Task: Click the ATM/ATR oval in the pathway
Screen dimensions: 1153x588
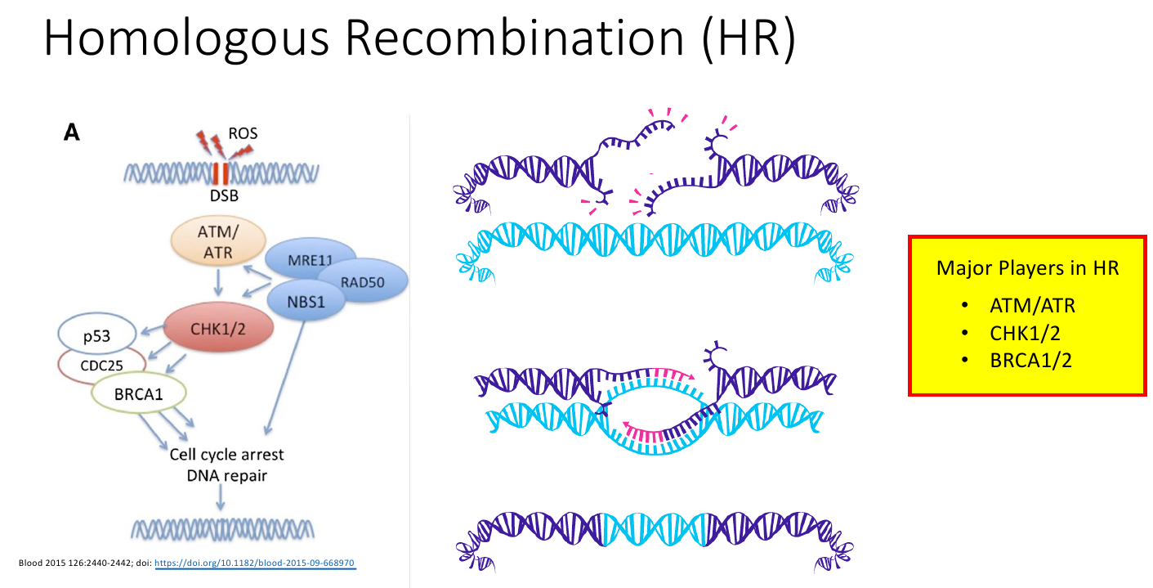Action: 218,241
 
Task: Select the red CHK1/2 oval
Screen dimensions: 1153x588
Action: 218,328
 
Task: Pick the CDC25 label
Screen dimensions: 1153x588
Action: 101,366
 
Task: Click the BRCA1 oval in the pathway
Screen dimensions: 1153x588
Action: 138,393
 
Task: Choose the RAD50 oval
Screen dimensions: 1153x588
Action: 363,282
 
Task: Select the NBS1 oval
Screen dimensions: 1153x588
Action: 306,301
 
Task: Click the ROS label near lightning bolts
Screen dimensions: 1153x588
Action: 243,133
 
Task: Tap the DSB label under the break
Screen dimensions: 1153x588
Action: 224,195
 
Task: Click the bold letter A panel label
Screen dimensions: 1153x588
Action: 72,132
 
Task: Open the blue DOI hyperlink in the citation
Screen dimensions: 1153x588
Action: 255,563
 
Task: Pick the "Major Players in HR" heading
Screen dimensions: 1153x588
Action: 1027,268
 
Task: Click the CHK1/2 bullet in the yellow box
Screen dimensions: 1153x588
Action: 1025,334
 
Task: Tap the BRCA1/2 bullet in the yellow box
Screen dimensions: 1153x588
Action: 1030,360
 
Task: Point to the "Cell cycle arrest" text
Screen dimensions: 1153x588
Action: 226,455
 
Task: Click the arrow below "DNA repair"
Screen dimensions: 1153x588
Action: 221,497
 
